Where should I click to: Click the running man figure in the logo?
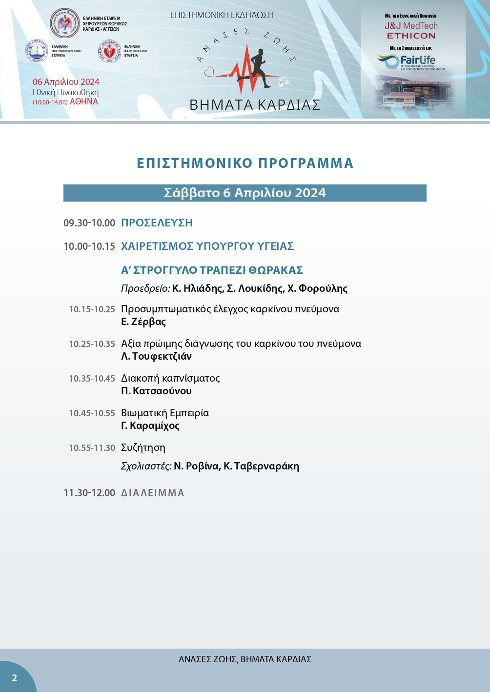click(x=260, y=68)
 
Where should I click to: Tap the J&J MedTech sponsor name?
click(x=411, y=26)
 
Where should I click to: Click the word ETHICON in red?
click(x=411, y=36)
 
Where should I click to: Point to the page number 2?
click(x=15, y=677)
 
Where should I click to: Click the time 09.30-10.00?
click(x=89, y=223)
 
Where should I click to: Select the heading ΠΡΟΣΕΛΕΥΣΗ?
click(x=157, y=223)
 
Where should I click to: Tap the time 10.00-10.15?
click(x=89, y=246)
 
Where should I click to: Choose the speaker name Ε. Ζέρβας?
click(x=143, y=322)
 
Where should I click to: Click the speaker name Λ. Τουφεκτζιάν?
click(x=156, y=356)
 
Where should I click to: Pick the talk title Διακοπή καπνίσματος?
click(x=170, y=378)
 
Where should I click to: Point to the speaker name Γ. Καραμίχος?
click(x=150, y=426)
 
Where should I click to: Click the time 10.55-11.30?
click(x=92, y=448)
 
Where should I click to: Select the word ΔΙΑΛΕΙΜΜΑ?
click(x=153, y=493)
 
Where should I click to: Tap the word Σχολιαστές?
click(x=146, y=466)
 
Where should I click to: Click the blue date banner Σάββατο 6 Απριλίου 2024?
click(x=245, y=193)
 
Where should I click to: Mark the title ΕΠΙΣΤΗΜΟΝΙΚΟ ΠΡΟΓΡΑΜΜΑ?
click(x=245, y=163)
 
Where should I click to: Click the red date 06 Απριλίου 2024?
click(x=66, y=82)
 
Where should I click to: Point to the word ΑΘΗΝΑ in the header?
click(x=84, y=102)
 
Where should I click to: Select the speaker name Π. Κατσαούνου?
click(x=156, y=391)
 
